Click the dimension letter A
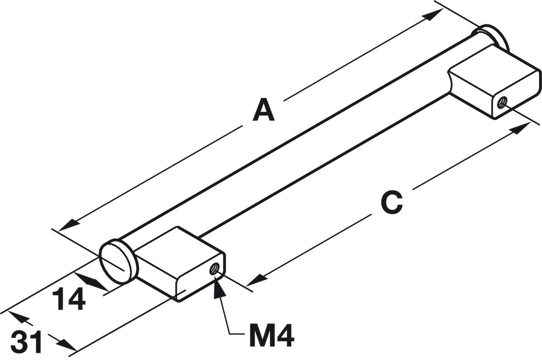pos(264,110)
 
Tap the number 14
pos(69,299)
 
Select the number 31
pos(26,342)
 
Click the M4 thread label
pos(271,335)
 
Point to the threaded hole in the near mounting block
pos(214,269)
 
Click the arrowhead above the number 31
pos(19,317)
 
